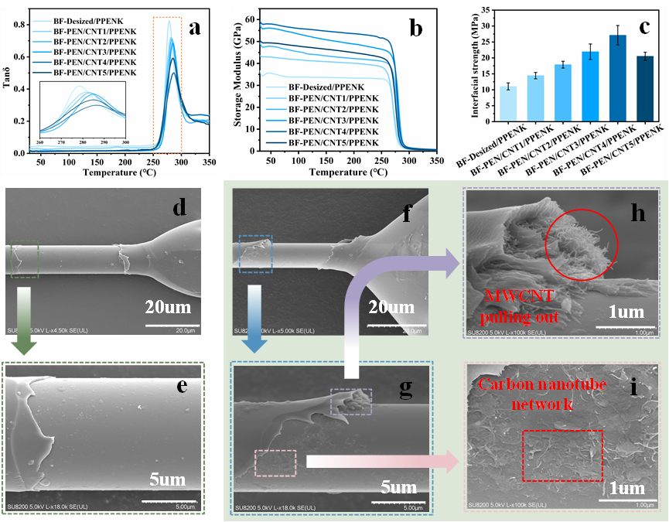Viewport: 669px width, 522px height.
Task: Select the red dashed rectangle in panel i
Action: (562, 456)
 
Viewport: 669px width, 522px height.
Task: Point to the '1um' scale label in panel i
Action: (627, 488)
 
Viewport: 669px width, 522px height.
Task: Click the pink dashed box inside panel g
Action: (275, 462)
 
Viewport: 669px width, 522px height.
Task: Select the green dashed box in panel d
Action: (25, 258)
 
